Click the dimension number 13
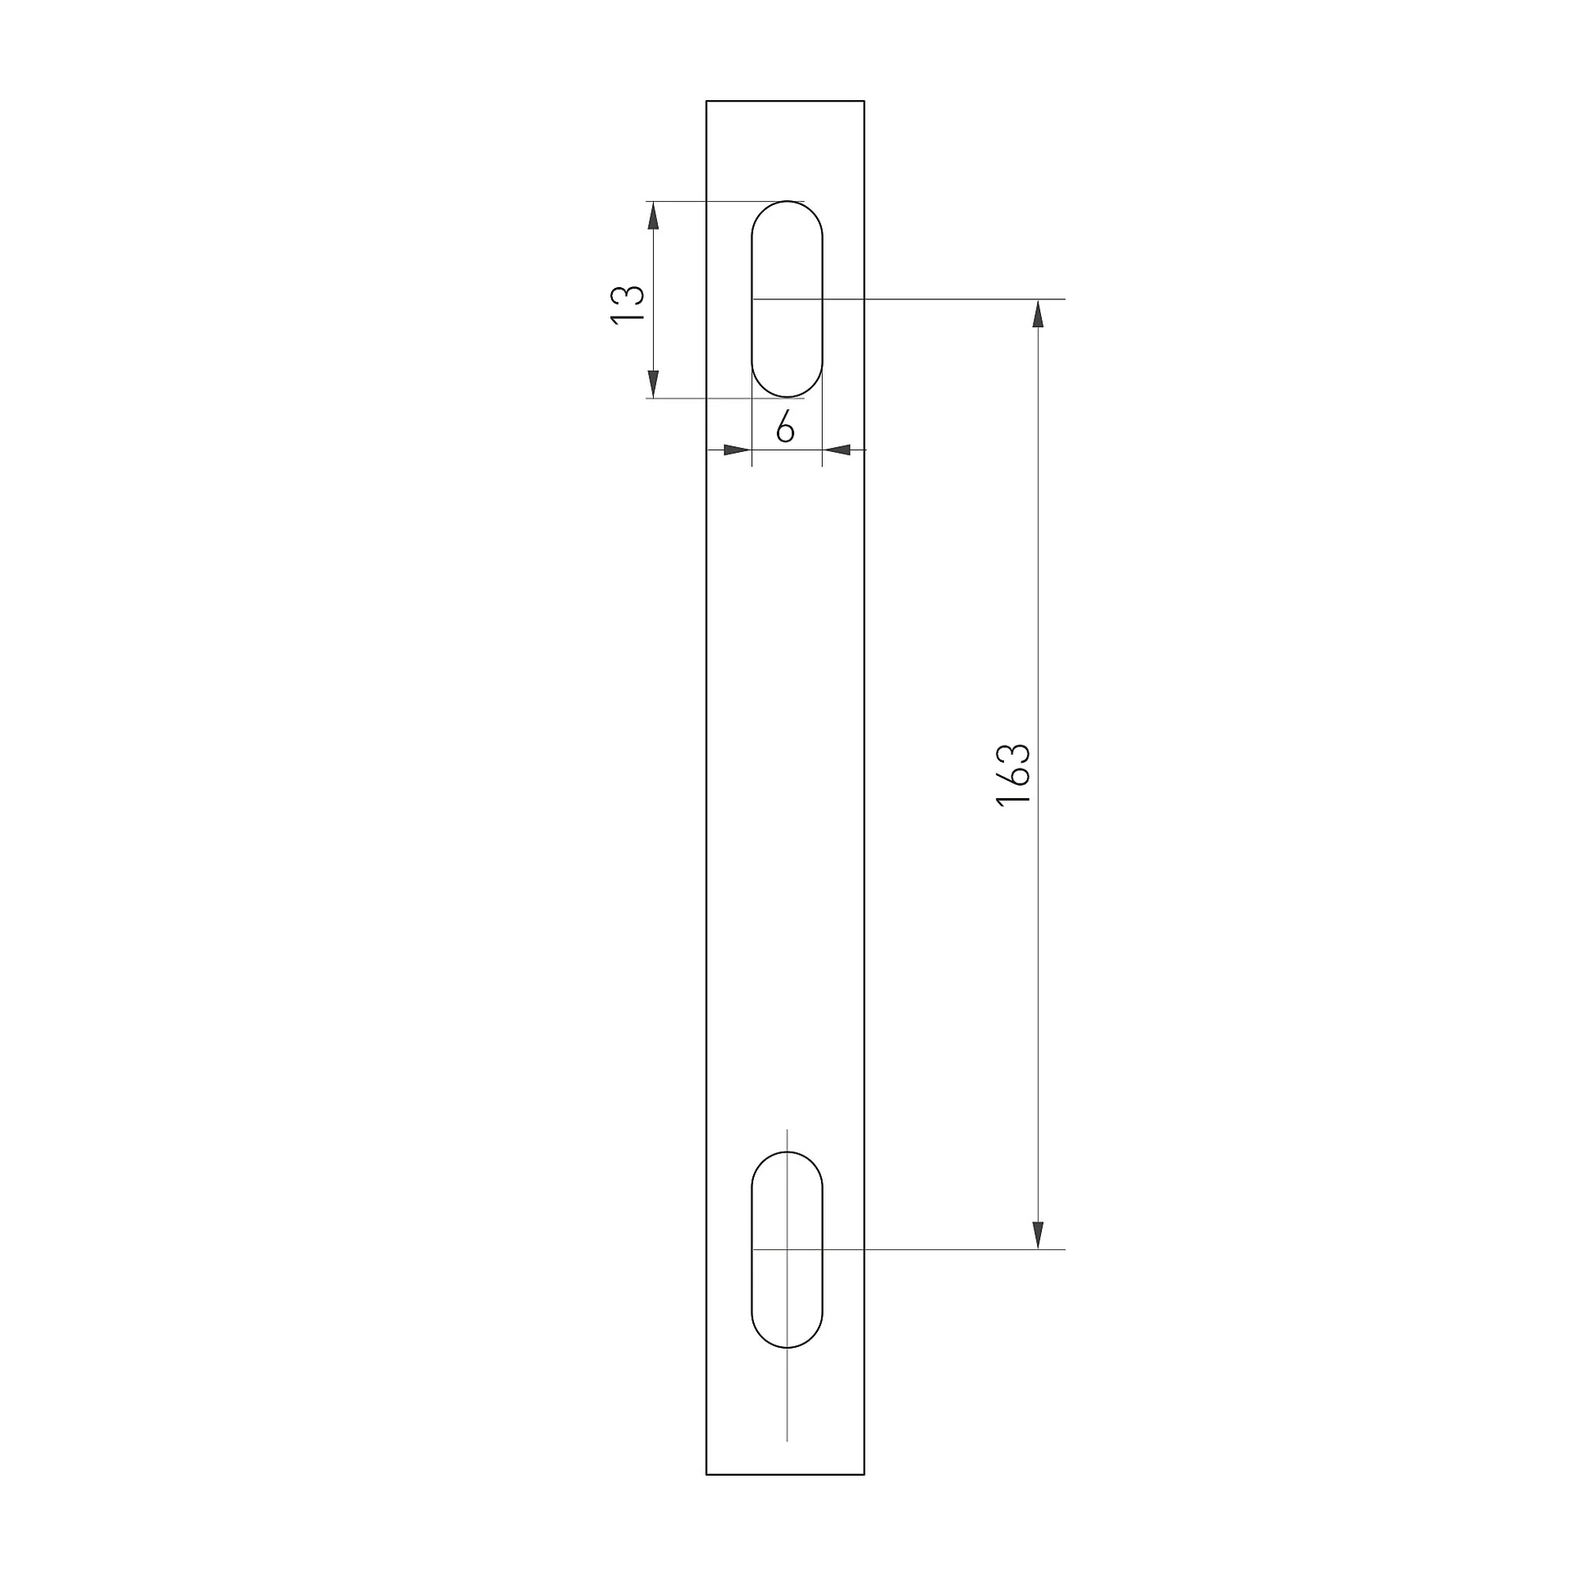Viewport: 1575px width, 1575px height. click(x=628, y=306)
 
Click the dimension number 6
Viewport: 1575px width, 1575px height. click(x=785, y=427)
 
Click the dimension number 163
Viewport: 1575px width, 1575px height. click(x=1013, y=774)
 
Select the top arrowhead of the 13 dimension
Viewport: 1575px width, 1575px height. click(x=653, y=216)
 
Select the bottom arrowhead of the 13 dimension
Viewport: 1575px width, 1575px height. click(x=653, y=383)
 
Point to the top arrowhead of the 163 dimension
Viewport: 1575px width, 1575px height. click(x=1038, y=314)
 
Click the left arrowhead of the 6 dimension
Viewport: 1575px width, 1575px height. click(x=737, y=450)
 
